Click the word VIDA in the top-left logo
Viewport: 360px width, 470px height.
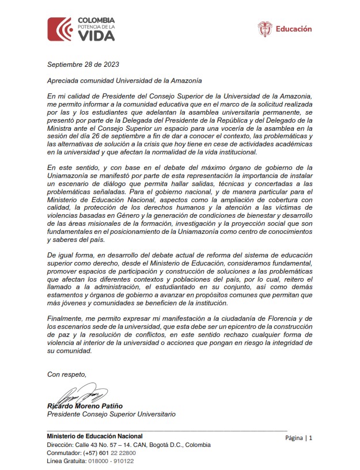click(x=96, y=36)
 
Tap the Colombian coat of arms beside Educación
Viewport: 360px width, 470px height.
click(x=265, y=29)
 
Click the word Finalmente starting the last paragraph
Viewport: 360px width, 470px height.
click(x=66, y=319)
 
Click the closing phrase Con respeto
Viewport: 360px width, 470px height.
click(x=67, y=374)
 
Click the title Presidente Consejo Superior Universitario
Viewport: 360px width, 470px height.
click(x=111, y=414)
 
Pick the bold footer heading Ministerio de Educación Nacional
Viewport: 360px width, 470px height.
click(x=94, y=436)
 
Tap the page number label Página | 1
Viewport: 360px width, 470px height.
click(x=299, y=438)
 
